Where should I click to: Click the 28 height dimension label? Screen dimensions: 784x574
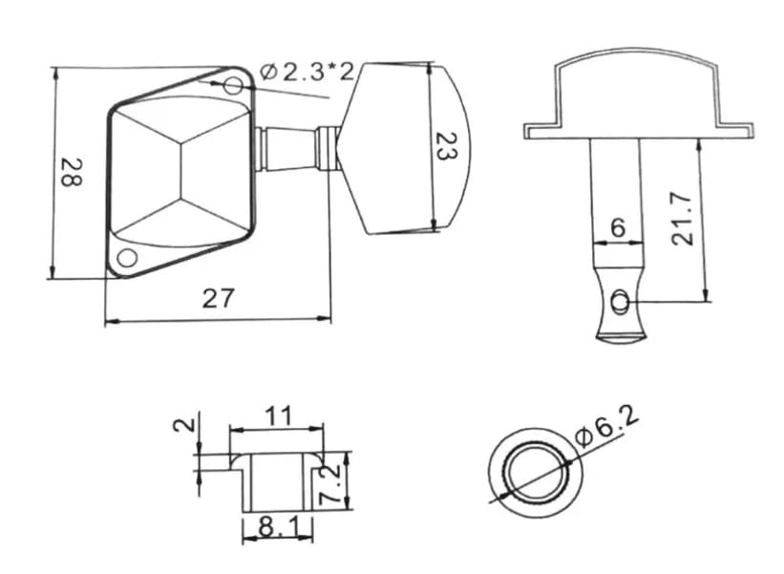coord(72,172)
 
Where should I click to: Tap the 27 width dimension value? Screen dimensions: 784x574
coord(218,299)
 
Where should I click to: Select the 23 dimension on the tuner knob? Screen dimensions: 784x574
coord(446,146)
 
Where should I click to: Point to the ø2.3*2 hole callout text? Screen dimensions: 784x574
coord(307,73)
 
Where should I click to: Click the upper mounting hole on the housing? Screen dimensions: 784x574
coord(233,85)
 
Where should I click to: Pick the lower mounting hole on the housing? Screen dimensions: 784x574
coord(127,258)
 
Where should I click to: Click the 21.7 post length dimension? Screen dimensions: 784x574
coord(683,219)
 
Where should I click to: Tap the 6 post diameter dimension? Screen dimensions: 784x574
coord(618,228)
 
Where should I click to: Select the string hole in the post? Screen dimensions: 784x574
coord(620,302)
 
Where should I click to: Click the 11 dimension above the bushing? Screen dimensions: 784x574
coord(278,416)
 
